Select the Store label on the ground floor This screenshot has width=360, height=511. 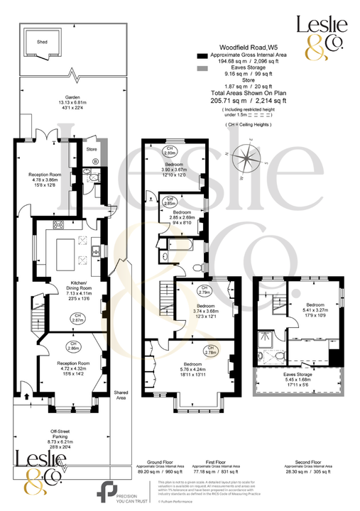(x=91, y=150)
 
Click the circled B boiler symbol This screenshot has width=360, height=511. (x=94, y=163)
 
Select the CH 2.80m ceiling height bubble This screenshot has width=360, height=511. (x=170, y=151)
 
